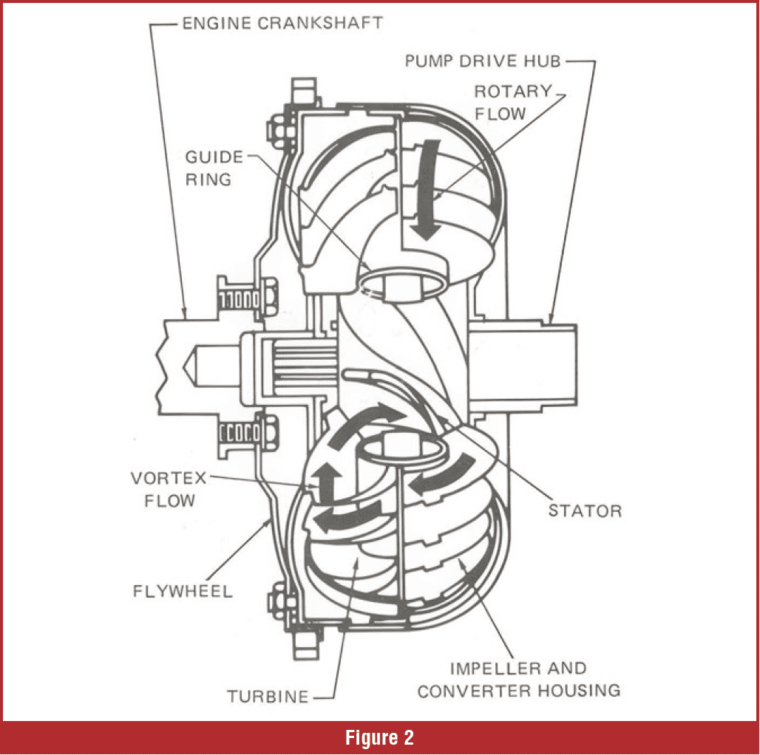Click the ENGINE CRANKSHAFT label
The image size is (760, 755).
[x=282, y=23]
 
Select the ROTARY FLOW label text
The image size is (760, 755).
[x=512, y=102]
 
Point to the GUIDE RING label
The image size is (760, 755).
[x=214, y=168]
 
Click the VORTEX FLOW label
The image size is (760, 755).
[x=164, y=489]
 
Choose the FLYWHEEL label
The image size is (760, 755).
[x=183, y=591]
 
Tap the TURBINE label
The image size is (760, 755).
[x=268, y=696]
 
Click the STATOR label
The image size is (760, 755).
[x=585, y=510]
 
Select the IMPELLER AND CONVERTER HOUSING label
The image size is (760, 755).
[x=518, y=680]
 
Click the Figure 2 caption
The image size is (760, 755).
[x=379, y=737]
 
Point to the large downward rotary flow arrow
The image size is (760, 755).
[x=425, y=195]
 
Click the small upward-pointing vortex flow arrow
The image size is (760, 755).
[x=320, y=482]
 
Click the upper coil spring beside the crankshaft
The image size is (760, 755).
[x=237, y=299]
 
